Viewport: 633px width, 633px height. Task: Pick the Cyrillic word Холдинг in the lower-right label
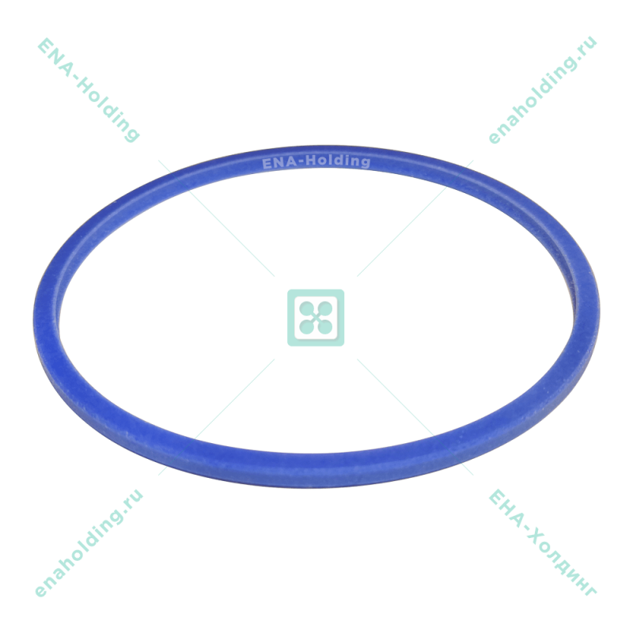pyautogui.click(x=559, y=559)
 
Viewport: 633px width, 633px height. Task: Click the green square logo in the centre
pyautogui.click(x=316, y=317)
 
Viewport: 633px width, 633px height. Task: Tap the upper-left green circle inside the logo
pyautogui.click(x=305, y=306)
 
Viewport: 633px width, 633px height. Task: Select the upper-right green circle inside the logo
pyautogui.click(x=327, y=306)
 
